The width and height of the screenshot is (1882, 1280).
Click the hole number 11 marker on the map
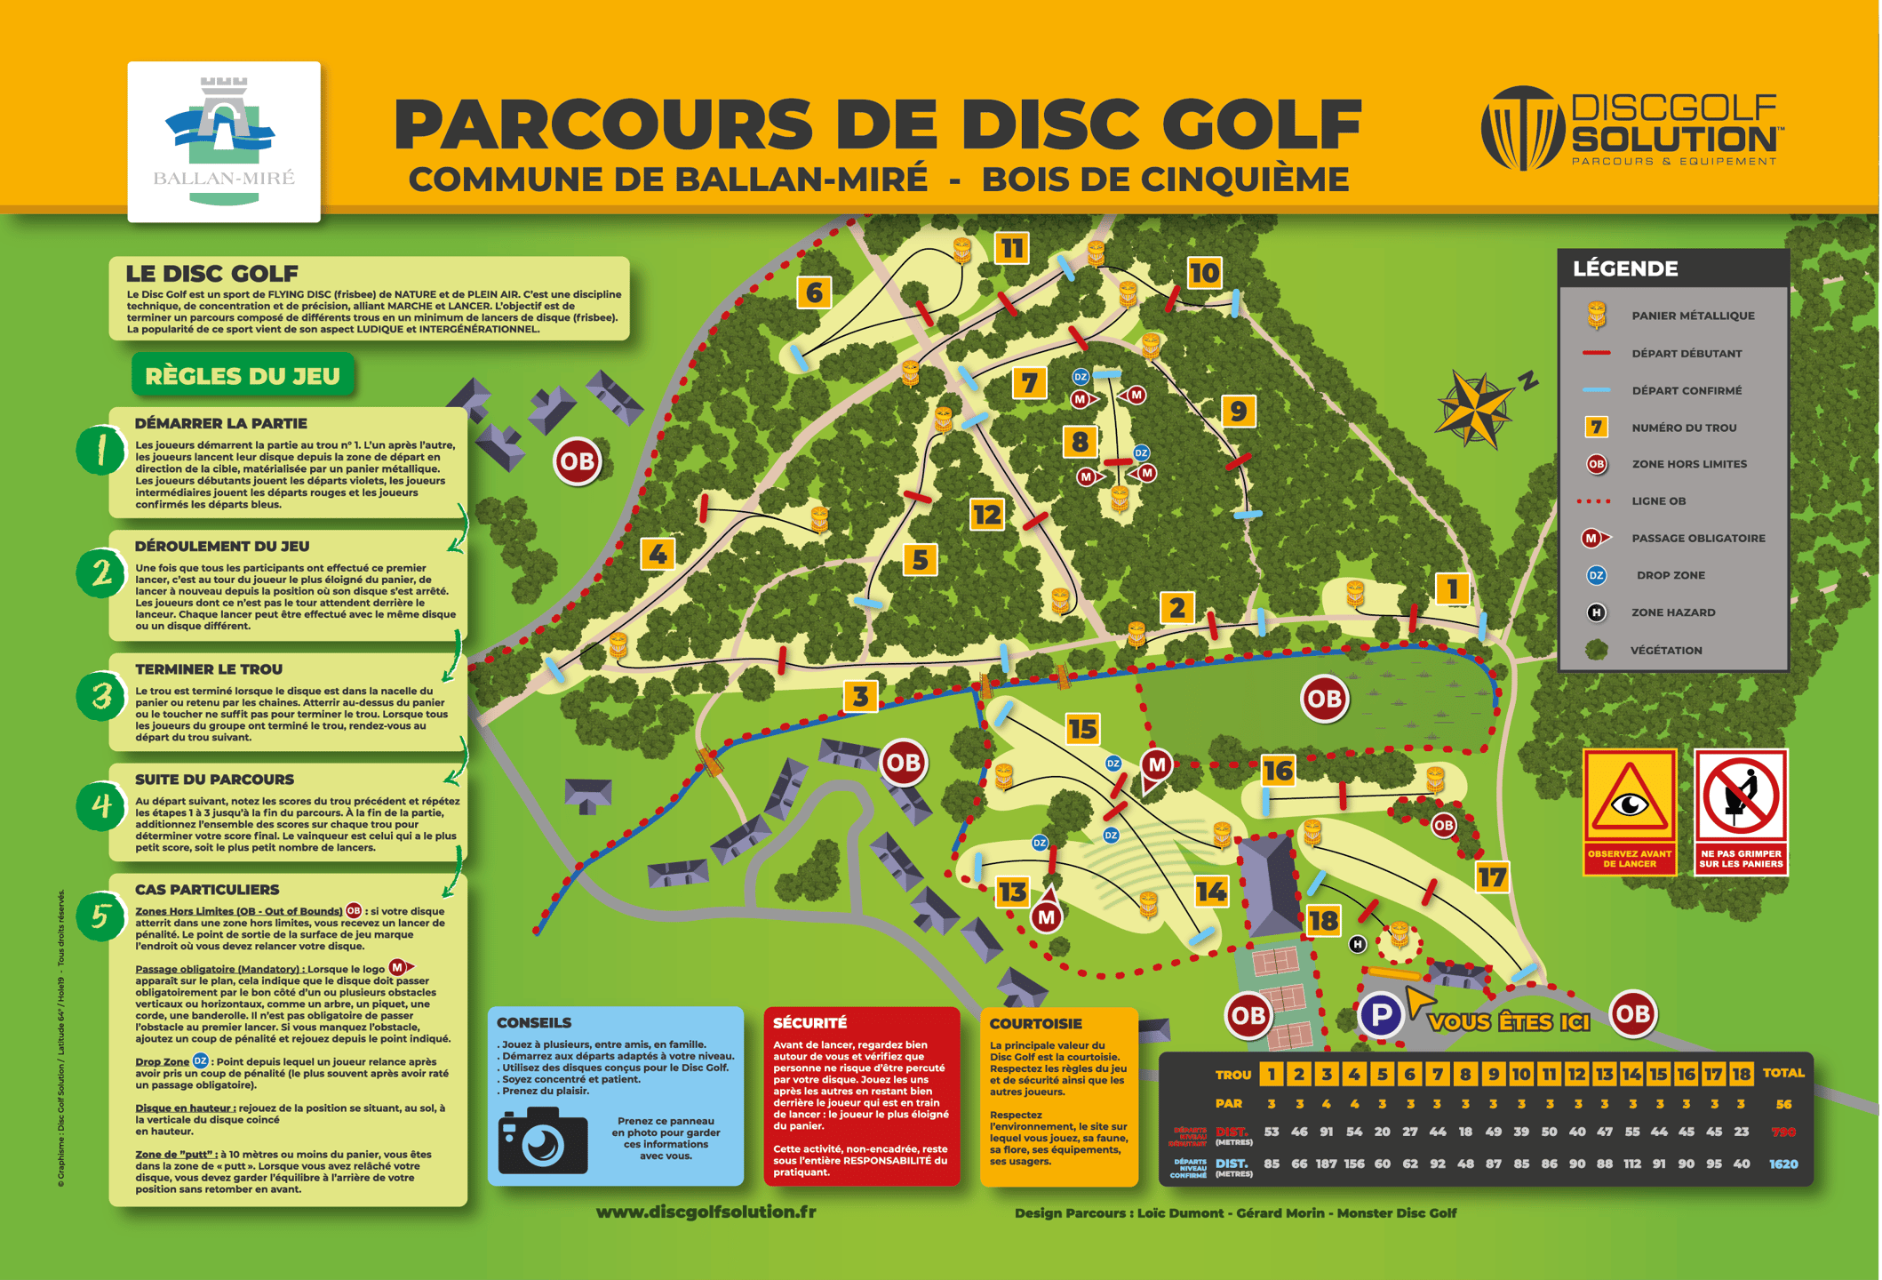click(1012, 248)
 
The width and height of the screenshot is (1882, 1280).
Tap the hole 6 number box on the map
click(814, 292)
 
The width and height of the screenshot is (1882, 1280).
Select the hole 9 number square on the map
click(1238, 411)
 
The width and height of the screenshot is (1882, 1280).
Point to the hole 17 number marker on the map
click(1492, 877)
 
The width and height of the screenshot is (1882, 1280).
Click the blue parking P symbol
click(1381, 1014)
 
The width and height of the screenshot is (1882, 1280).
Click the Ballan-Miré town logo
click(223, 140)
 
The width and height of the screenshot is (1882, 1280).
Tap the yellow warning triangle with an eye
click(1630, 798)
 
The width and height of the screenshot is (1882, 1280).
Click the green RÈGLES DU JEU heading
click(243, 376)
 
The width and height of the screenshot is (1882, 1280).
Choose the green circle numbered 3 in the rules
click(101, 696)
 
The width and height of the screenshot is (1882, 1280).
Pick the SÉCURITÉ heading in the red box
click(809, 1023)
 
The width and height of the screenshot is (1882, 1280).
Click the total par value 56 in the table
click(1782, 1104)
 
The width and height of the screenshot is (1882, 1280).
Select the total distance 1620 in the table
click(1782, 1164)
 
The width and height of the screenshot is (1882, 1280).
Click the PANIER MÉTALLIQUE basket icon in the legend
click(1596, 315)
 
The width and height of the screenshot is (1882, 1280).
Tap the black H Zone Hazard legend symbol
click(1596, 612)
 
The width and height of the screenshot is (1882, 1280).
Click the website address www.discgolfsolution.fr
click(706, 1212)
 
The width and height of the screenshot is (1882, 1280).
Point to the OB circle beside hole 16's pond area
click(1324, 699)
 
